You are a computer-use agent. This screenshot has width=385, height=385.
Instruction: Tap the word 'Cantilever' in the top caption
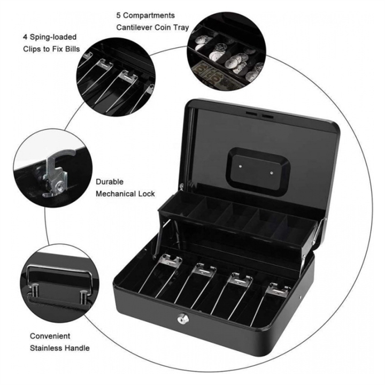(x=135, y=27)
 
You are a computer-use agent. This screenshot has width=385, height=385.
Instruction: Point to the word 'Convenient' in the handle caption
(x=50, y=336)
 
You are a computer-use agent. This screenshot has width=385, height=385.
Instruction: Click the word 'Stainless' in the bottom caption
(x=47, y=348)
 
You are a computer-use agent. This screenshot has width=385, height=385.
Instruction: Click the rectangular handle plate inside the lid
(x=255, y=169)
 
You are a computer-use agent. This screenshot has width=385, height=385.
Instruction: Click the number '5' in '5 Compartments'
(x=119, y=15)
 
